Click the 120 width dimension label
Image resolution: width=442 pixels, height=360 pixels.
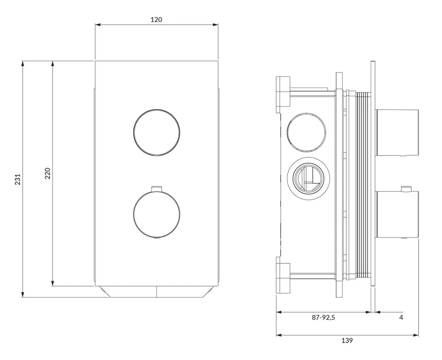[x=156, y=19]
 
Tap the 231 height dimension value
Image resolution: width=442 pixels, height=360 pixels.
[x=18, y=179]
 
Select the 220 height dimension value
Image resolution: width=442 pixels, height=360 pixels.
[x=48, y=173]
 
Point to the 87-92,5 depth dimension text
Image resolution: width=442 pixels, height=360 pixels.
[x=324, y=318]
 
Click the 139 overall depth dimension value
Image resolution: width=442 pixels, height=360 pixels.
[x=347, y=341]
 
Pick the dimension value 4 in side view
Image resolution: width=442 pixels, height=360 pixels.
[x=401, y=318]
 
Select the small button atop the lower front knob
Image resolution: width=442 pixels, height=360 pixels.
[x=156, y=188]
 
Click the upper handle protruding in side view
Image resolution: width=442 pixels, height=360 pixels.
[x=397, y=132]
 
